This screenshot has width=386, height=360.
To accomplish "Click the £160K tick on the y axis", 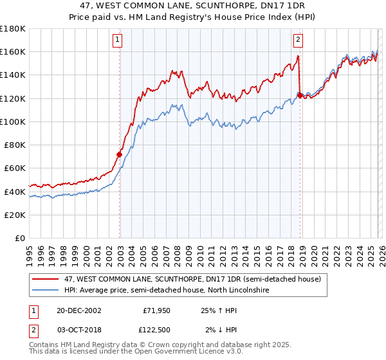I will (x=13, y=51).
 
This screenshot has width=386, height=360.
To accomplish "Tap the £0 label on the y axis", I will (x=19, y=238).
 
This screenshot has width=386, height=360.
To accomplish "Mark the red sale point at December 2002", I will (x=119, y=154).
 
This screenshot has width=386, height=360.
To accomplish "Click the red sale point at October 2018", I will (x=300, y=95).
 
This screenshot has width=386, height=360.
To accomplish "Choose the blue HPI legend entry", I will (x=167, y=291).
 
